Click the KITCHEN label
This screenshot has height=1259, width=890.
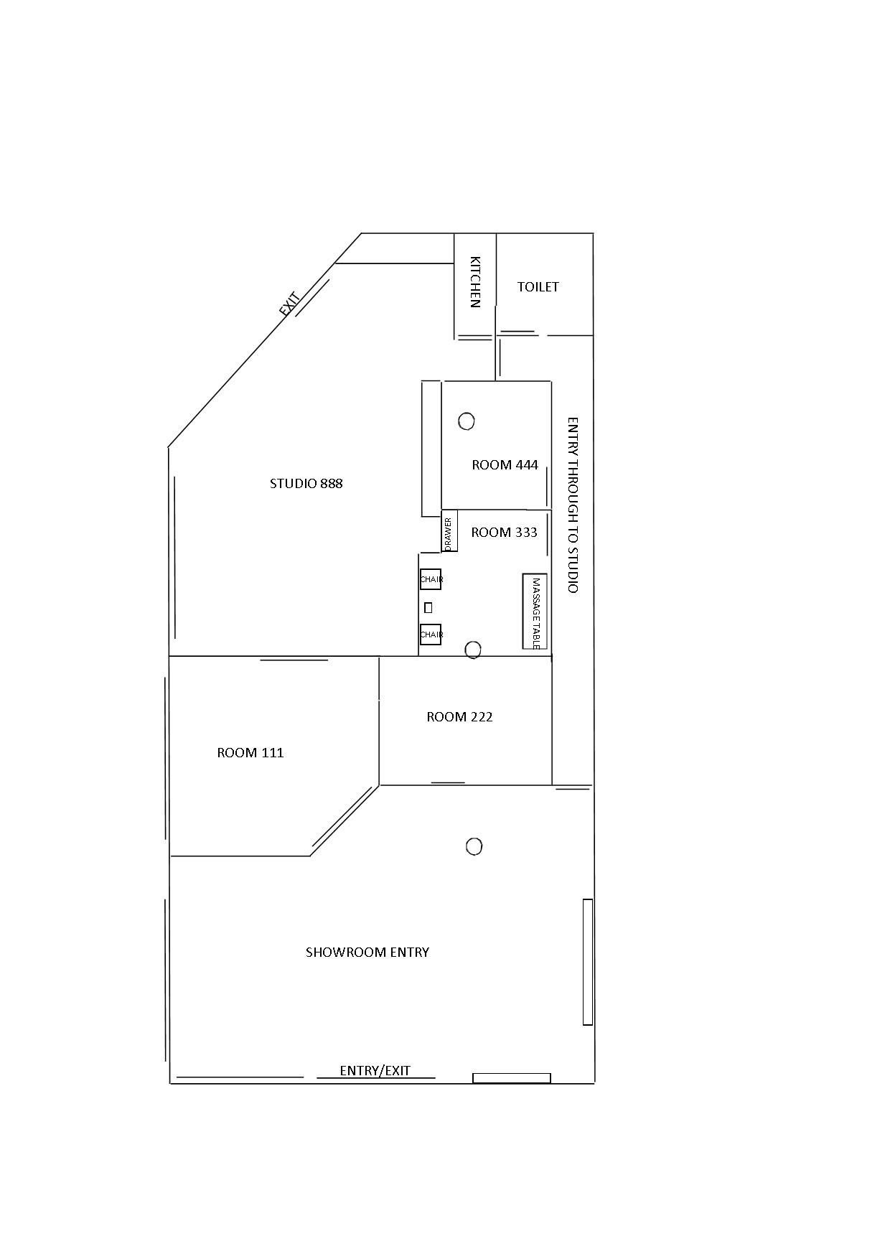(474, 282)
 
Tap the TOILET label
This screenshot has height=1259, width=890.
(538, 287)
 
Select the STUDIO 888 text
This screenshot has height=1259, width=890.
(306, 484)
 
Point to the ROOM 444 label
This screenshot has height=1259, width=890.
(505, 465)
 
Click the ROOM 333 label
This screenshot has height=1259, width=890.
(505, 533)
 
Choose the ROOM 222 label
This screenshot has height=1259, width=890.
(460, 717)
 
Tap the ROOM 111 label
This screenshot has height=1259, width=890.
(250, 753)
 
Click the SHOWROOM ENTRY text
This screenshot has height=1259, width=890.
(367, 953)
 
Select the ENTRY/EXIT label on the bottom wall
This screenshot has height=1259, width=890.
(375, 1071)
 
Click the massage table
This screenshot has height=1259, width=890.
(535, 612)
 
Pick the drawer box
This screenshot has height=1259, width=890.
(449, 531)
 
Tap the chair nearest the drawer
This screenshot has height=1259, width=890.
(431, 579)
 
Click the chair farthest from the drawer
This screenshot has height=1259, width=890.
(431, 635)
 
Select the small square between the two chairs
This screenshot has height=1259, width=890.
(428, 607)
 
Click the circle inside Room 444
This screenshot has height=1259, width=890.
(467, 421)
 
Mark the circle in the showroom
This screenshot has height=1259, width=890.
(474, 847)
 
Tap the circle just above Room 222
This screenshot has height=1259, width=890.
(472, 650)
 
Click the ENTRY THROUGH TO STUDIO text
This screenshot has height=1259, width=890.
(573, 505)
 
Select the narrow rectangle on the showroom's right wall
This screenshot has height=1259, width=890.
(588, 962)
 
